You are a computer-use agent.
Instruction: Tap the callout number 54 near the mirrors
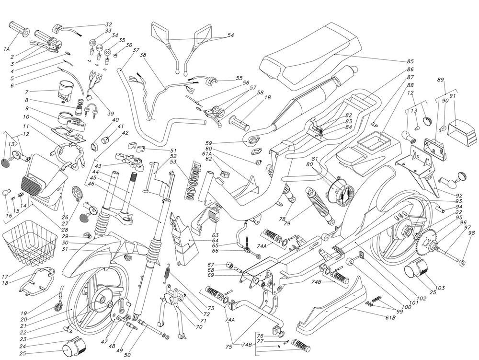tap(230, 35)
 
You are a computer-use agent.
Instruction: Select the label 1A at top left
tap(7, 49)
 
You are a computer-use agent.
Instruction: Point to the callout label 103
tap(440, 288)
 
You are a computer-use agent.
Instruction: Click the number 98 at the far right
tap(472, 233)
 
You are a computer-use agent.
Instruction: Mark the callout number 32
tap(108, 24)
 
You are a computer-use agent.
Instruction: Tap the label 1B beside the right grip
tap(268, 97)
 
